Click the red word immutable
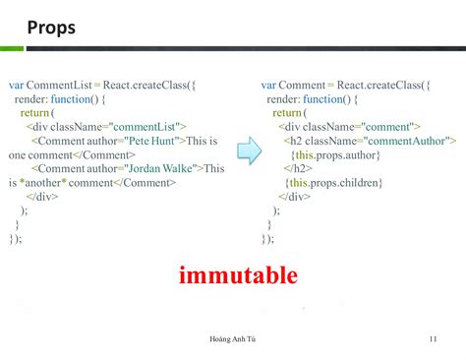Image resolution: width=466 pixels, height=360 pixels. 238,274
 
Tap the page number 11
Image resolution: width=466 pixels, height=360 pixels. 433,340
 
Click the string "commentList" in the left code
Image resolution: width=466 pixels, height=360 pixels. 145,127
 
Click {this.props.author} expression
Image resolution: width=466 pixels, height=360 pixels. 338,155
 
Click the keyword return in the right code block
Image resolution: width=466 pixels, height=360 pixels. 287,113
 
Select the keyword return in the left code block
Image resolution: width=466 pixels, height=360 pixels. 35,113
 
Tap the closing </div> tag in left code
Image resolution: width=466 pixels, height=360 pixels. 42,197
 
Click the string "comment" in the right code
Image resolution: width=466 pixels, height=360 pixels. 390,127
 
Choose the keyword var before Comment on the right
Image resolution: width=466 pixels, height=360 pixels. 270,86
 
